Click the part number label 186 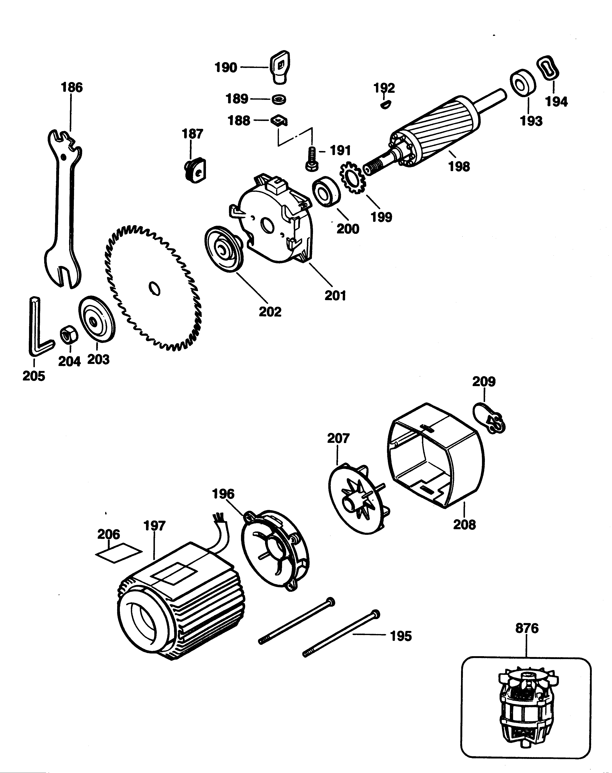pos(72,87)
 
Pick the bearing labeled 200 pos(325,192)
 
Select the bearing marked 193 pos(523,84)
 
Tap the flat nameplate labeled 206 pos(119,553)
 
